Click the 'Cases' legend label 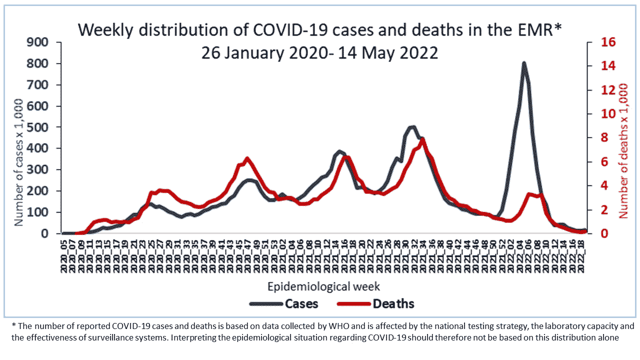[x=301, y=303]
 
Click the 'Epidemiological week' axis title [x=324, y=287]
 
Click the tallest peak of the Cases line [x=523, y=63]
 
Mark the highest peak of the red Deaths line [x=423, y=139]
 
